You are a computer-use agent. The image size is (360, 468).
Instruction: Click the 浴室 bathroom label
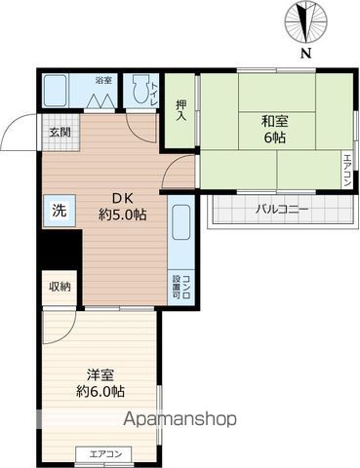(102, 80)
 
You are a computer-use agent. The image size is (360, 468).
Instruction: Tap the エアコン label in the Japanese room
(346, 171)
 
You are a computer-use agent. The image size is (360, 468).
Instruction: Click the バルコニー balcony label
(282, 209)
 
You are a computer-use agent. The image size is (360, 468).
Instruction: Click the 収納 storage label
(58, 287)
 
